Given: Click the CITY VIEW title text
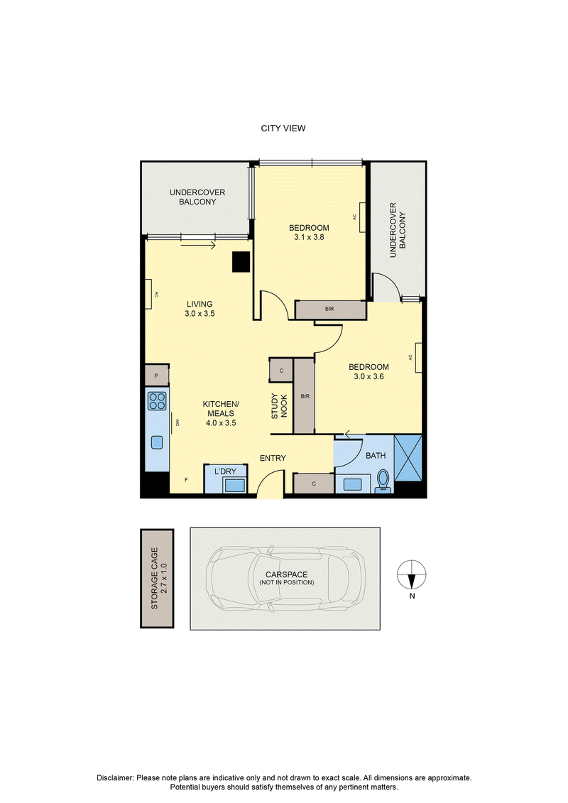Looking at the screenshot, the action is coord(283,129).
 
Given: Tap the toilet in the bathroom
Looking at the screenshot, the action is coord(382,482).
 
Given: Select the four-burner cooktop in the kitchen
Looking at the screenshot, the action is coord(157,400).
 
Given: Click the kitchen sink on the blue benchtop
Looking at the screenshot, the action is coord(156,442).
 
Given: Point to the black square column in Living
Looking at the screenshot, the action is coord(241,262).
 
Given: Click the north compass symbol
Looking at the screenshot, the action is coord(412,575).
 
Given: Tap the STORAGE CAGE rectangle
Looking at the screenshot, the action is coord(157,578).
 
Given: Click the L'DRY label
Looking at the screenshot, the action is coord(225,471).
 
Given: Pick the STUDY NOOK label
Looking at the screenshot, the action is coord(279,407).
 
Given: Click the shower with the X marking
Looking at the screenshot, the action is coord(408,458).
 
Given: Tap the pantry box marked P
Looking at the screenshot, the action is coord(157,375).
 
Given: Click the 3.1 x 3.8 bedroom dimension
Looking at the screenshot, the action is coord(309,237).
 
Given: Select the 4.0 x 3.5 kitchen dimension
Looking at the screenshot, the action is coord(221,423).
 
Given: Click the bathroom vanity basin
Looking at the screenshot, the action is coord(353,484).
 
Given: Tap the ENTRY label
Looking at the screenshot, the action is coord(273,459).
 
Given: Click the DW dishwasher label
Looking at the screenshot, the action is coord(177,422).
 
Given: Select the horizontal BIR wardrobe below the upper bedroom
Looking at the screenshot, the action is coord(330,310).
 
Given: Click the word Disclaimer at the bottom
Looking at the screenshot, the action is coord(115,778).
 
